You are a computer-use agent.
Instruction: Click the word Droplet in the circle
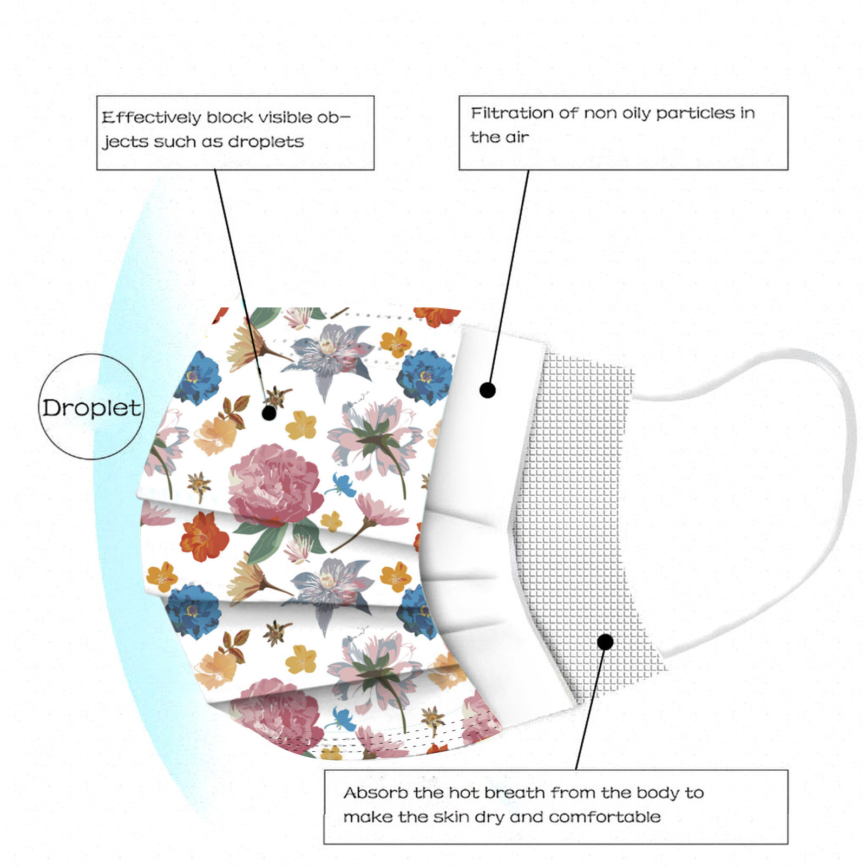tap(91, 408)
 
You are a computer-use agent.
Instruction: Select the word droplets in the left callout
tap(266, 142)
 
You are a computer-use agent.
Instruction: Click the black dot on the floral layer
tap(269, 413)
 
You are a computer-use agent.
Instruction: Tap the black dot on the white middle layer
tap(488, 390)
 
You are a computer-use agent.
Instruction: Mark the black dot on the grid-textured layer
tap(606, 642)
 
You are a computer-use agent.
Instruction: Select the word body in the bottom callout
tap(658, 793)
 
